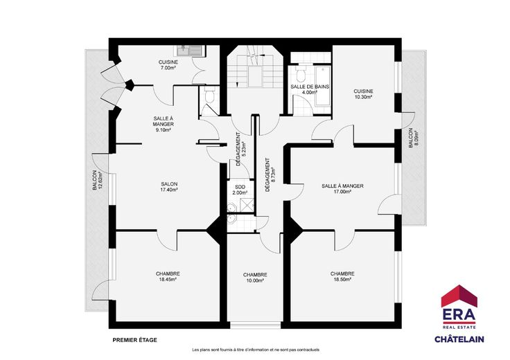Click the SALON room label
coord(169,184)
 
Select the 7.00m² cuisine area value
coord(168,68)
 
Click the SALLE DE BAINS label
coord(310,87)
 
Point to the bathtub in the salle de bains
coord(322,86)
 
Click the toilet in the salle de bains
coord(300,73)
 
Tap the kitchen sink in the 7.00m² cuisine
coord(190,51)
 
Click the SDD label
coord(240,187)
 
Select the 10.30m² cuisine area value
coord(363,97)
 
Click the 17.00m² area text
coord(342,192)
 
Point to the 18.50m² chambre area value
coord(342,280)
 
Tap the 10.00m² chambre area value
coord(255,280)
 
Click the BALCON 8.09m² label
coord(413,138)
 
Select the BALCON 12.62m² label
coord(97,180)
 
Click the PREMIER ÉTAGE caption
coord(134,340)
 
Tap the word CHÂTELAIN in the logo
coord(459,339)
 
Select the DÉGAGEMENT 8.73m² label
coord(270,174)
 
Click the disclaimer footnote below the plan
coord(256,350)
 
